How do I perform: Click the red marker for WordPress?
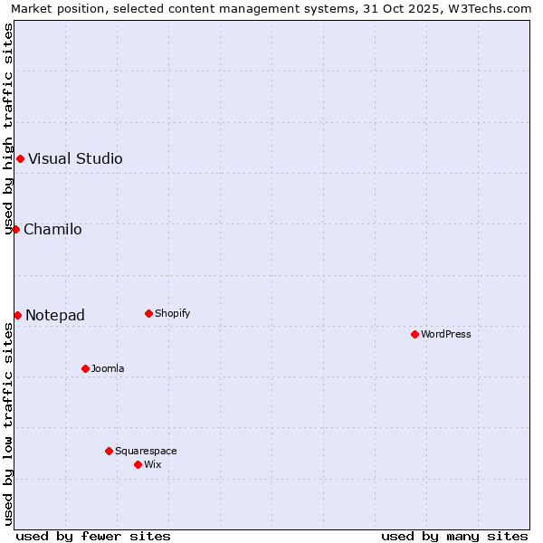coord(414,334)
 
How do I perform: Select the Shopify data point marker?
coord(148,313)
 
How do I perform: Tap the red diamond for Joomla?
coord(85,368)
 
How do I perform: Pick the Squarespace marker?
coord(109,451)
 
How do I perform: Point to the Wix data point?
coord(138,464)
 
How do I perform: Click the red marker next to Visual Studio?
coord(20,158)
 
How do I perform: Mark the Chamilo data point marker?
coord(15,229)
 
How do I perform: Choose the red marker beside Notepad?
coord(17,315)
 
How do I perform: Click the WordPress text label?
coord(446,334)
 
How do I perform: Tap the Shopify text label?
coord(172,313)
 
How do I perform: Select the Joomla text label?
coord(108,368)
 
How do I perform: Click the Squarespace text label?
coord(146,451)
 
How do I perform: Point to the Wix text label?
coord(152,464)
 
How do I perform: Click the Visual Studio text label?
coord(75,158)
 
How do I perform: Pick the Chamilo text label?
coord(52,229)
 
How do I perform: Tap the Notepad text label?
coord(55,315)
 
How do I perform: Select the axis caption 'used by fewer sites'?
coord(93,536)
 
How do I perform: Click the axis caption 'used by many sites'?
coord(454,536)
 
